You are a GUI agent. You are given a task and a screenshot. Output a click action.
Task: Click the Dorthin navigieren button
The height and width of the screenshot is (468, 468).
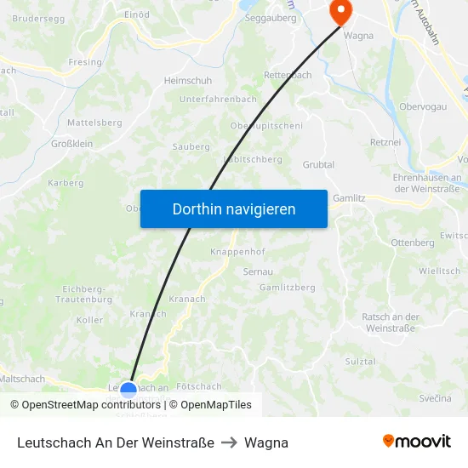tap(233, 209)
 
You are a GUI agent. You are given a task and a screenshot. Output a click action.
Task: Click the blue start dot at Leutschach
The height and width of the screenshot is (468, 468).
tap(128, 391)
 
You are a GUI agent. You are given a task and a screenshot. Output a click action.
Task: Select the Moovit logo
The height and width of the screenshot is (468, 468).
tap(417, 442)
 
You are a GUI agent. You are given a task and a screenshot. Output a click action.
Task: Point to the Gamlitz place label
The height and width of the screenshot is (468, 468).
tap(349, 197)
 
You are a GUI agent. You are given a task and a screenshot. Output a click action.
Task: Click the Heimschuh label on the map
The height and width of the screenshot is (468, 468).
tap(187, 82)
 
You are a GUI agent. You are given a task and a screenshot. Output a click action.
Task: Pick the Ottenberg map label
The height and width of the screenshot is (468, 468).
tap(412, 243)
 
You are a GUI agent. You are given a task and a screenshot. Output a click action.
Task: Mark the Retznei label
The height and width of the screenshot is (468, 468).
tap(386, 142)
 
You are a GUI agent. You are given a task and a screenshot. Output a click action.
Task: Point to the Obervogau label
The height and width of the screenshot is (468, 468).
tap(424, 106)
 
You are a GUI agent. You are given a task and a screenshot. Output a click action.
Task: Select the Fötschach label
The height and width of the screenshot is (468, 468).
tap(201, 386)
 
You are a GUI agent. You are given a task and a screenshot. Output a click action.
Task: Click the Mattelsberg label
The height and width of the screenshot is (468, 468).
tap(94, 123)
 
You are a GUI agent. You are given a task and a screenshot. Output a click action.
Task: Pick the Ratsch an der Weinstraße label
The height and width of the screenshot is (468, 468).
tap(390, 322)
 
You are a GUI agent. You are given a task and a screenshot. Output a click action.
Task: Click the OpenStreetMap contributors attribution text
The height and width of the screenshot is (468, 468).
tap(86, 405)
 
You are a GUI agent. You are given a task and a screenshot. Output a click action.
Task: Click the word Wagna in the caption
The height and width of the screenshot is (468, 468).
tap(266, 442)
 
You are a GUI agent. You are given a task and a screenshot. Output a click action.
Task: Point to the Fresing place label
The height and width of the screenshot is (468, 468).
tap(85, 62)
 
